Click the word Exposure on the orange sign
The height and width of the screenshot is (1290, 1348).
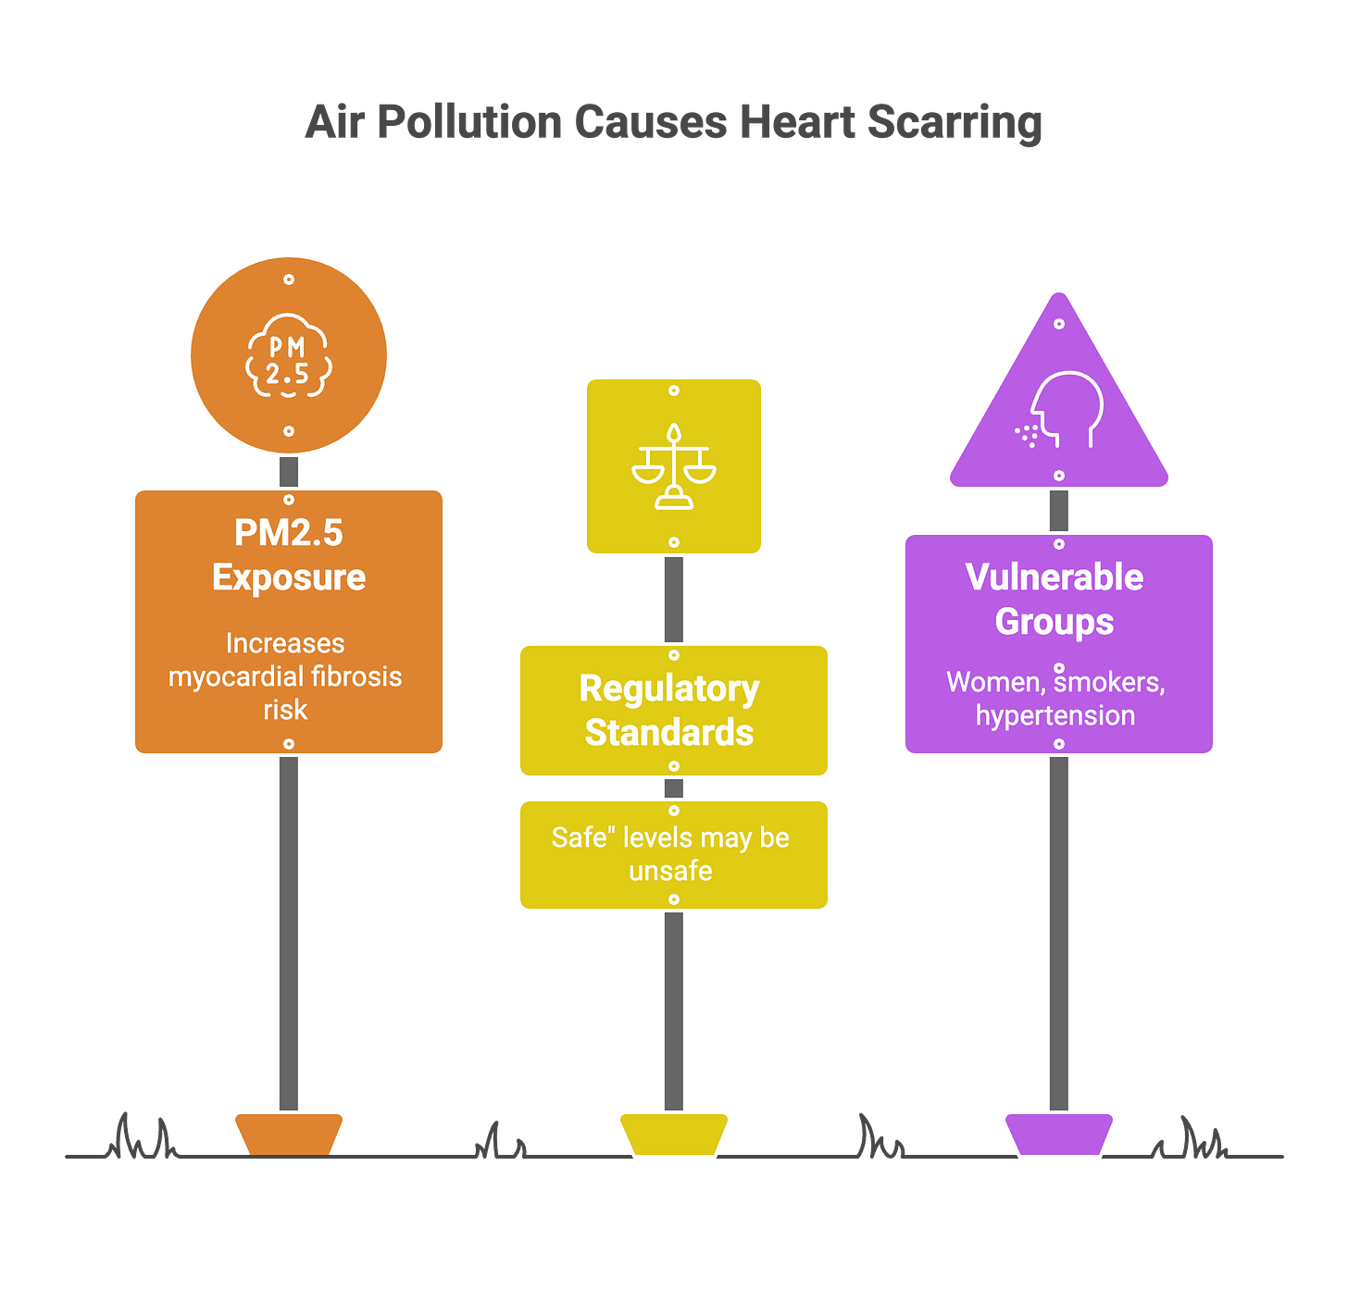pyautogui.click(x=289, y=577)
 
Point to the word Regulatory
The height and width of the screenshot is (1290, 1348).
pyautogui.click(x=669, y=688)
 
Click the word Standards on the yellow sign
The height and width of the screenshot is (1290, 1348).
pyautogui.click(x=669, y=733)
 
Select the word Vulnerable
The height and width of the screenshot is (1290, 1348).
pyautogui.click(x=1055, y=577)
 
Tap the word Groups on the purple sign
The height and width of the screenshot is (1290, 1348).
pyautogui.click(x=1055, y=622)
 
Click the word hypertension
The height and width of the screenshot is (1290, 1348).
pyautogui.click(x=1055, y=715)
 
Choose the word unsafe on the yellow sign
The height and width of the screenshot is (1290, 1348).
pyautogui.click(x=670, y=871)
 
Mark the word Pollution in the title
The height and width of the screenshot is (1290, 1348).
pyautogui.click(x=470, y=122)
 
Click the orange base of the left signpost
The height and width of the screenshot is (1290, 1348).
pyautogui.click(x=289, y=1133)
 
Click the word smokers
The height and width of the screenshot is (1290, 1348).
pyautogui.click(x=1109, y=682)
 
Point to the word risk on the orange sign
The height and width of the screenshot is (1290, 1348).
pyautogui.click(x=285, y=710)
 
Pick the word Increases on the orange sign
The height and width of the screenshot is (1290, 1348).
pyautogui.click(x=285, y=643)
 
